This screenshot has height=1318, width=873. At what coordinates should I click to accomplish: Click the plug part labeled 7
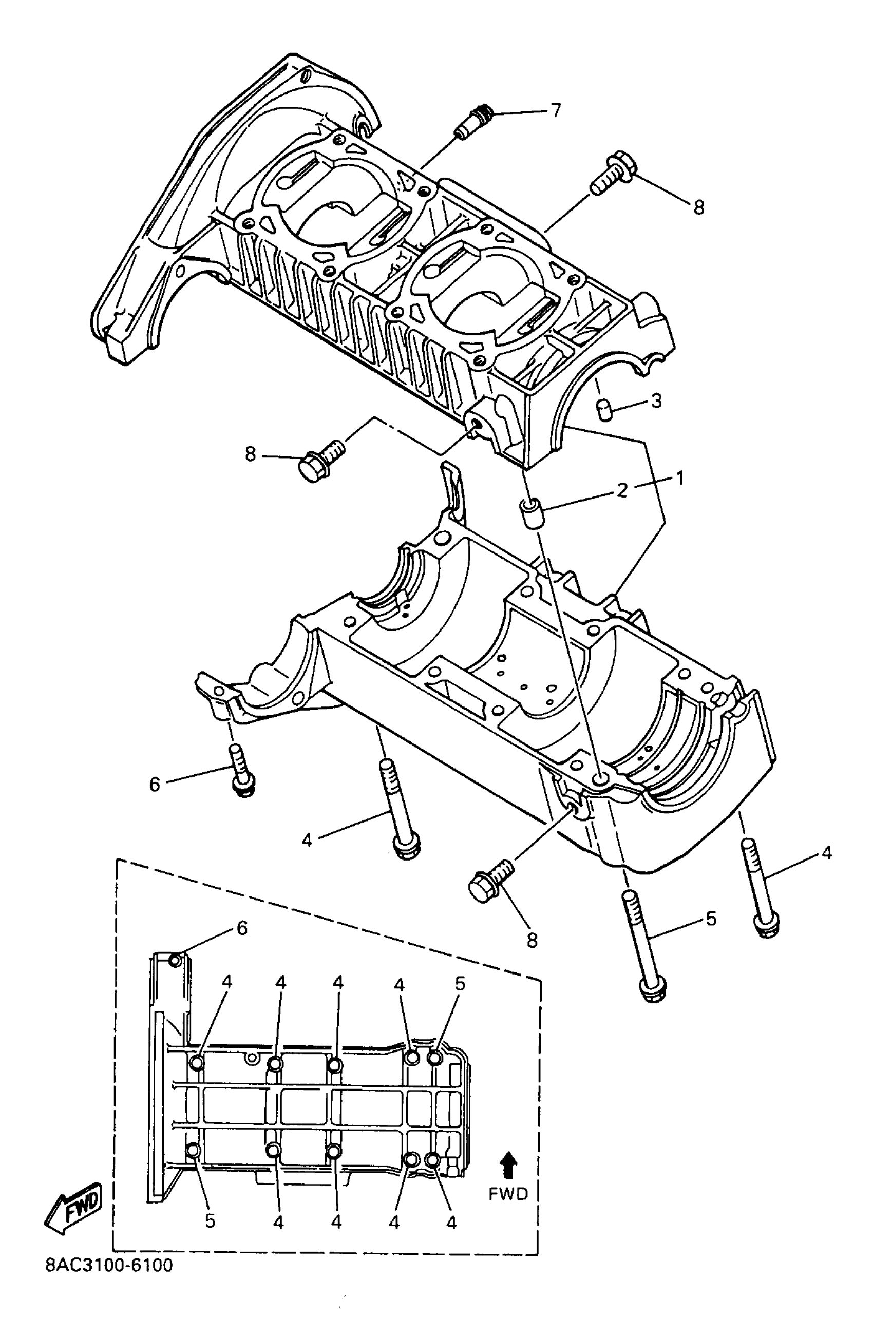click(471, 120)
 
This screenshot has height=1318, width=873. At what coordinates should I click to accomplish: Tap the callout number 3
click(656, 401)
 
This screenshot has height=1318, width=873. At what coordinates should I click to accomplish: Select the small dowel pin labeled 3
click(604, 410)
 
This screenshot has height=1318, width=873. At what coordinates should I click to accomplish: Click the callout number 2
click(622, 490)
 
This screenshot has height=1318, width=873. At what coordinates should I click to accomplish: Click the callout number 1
click(679, 477)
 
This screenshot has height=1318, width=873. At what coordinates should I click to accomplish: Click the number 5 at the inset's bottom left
click(210, 1221)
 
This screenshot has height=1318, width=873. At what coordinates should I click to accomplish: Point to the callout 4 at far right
click(826, 852)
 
